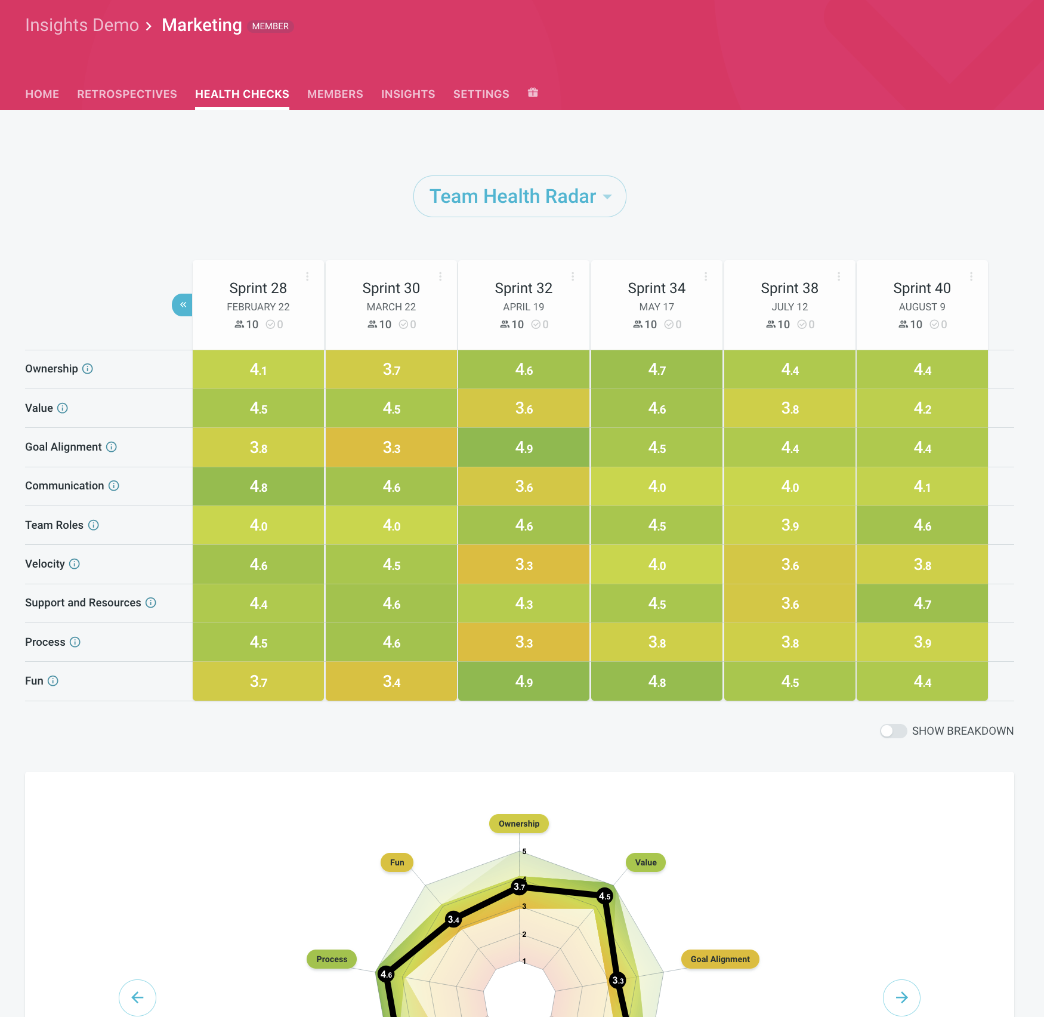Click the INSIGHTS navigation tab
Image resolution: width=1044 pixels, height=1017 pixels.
[x=408, y=94]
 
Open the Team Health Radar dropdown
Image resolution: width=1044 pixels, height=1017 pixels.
[x=519, y=196]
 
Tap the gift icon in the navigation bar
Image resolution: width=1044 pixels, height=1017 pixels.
[x=533, y=93]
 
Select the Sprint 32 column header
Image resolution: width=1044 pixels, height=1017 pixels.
[x=523, y=288]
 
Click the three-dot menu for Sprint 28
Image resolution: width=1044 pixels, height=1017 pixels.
[x=307, y=276]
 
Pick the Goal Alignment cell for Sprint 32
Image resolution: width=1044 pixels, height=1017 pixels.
[x=524, y=448]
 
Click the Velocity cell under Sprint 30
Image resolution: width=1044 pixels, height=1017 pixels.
[x=391, y=565]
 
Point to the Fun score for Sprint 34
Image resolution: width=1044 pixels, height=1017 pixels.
[x=656, y=682]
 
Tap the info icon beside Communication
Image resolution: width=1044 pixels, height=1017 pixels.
[x=114, y=486]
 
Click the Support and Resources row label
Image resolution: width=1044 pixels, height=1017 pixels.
[x=83, y=603]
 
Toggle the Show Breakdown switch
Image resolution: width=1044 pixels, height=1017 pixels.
[x=893, y=731]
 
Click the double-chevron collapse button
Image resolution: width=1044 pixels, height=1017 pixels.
[x=183, y=305]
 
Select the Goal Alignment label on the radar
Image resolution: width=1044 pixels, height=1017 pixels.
[x=719, y=959]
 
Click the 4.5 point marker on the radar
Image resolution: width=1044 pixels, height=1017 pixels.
[x=604, y=896]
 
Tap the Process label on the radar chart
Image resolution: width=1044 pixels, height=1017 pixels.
[x=332, y=959]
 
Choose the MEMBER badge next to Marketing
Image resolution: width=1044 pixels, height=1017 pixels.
[x=270, y=26]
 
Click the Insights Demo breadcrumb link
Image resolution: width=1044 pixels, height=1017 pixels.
[x=82, y=25]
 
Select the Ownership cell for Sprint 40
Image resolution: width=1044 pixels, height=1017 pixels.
[x=922, y=370]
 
